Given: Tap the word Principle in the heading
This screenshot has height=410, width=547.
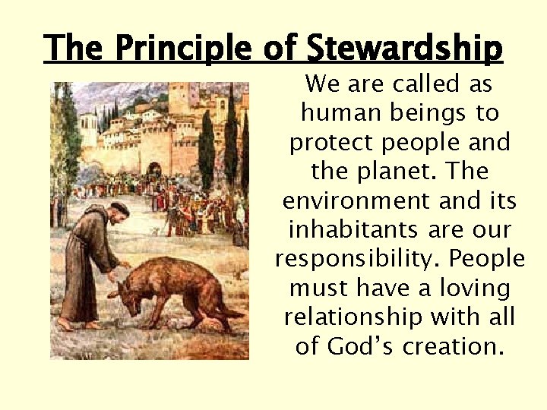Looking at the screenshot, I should coord(179,49).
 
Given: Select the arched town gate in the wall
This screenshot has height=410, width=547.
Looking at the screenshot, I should coord(154,170).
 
